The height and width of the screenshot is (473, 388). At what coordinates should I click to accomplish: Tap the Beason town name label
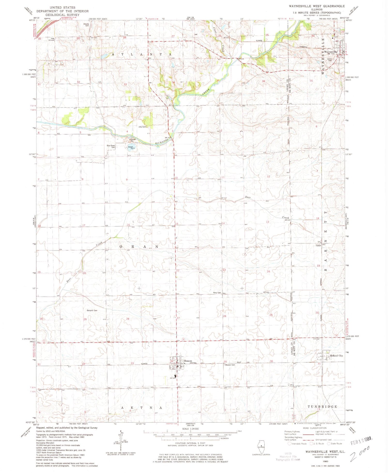188,361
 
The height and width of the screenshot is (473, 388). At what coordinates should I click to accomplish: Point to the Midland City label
336,356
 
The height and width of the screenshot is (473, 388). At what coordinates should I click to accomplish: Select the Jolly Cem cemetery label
142,127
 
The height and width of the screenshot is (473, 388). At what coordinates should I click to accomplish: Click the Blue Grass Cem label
111,146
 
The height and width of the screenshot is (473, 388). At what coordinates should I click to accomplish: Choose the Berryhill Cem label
92,311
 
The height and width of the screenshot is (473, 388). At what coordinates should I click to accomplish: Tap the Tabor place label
318,246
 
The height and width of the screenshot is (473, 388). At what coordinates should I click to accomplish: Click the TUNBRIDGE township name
322,407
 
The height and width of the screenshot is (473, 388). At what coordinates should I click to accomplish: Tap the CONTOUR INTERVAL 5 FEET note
190,443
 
